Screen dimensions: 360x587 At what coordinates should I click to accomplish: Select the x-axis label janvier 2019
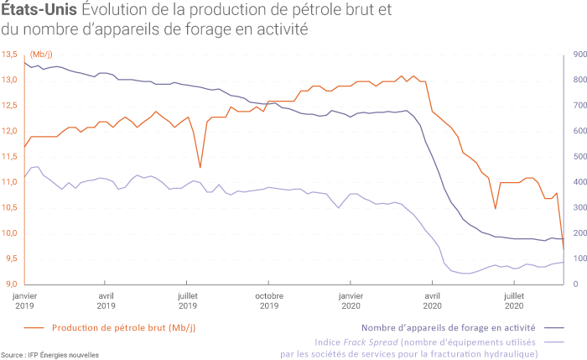[x=25, y=300]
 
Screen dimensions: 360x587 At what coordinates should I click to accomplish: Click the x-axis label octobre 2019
[x=269, y=300]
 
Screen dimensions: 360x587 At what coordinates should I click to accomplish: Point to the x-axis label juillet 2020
[x=513, y=300]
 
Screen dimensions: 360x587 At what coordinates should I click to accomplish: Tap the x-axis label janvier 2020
[x=351, y=300]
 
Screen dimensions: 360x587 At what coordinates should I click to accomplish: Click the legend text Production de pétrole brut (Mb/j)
[x=124, y=328]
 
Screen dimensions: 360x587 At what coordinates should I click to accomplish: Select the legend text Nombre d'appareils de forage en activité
[x=449, y=328]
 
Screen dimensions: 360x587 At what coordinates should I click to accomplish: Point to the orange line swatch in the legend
[x=34, y=328]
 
